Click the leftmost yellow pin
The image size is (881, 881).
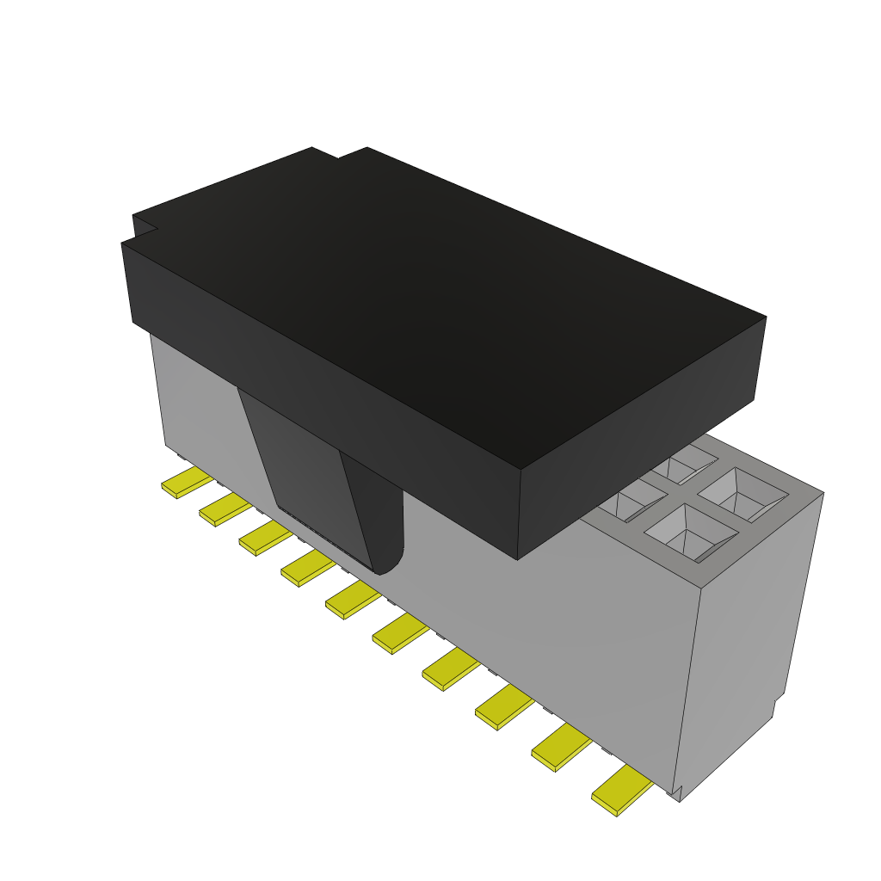point(186,484)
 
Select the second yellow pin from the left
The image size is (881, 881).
point(225,510)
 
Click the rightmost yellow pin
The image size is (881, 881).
point(621,791)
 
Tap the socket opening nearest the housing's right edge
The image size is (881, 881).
point(742,496)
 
